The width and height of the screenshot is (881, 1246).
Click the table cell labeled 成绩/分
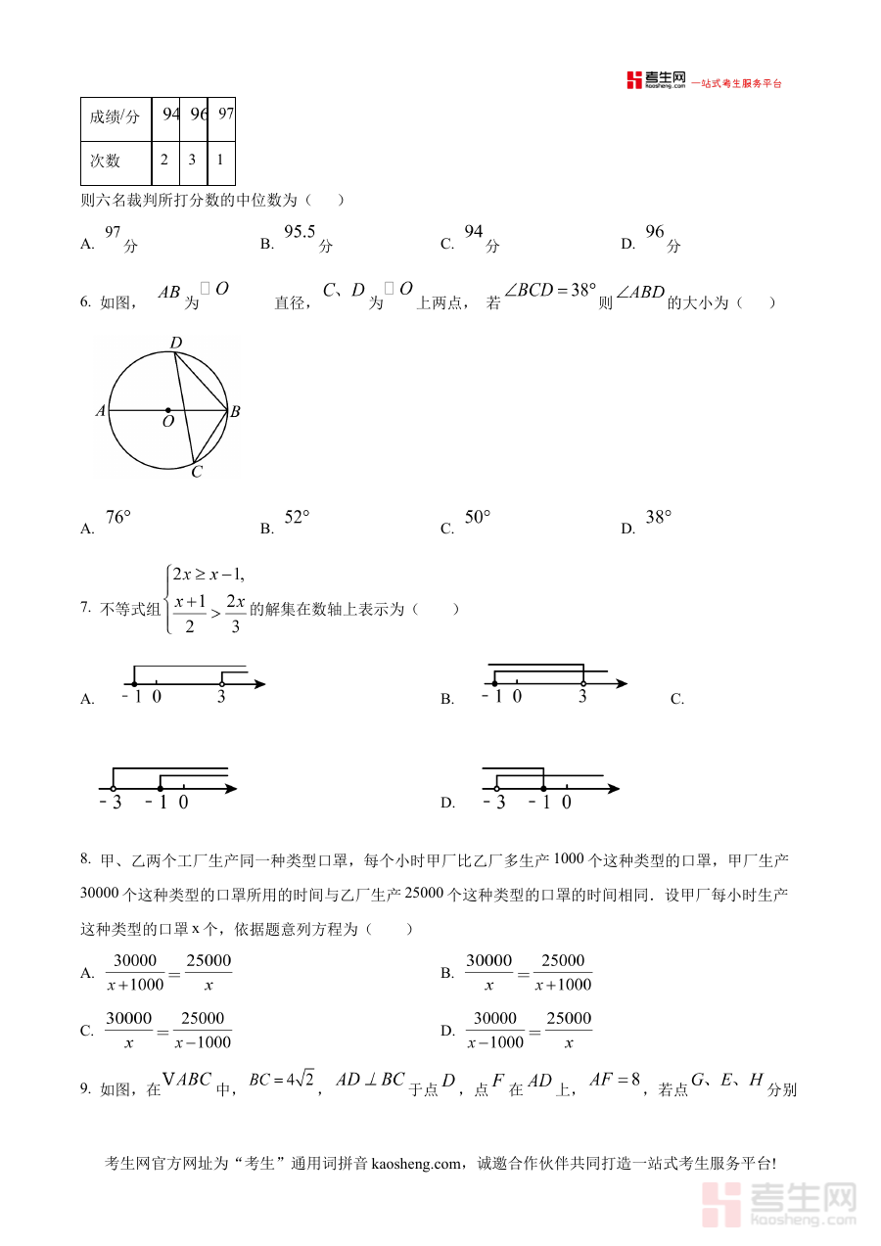pyautogui.click(x=116, y=118)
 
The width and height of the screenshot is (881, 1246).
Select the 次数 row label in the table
pyautogui.click(x=106, y=162)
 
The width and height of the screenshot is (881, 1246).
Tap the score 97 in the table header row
pyautogui.click(x=225, y=115)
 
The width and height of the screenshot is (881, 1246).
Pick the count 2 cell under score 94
pyautogui.click(x=164, y=160)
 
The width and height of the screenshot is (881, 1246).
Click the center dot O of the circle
pyautogui.click(x=167, y=410)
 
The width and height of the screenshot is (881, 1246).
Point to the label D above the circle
pyautogui.click(x=175, y=344)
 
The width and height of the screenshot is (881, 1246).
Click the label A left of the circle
pyautogui.click(x=100, y=412)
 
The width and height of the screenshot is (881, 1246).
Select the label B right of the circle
pyautogui.click(x=235, y=412)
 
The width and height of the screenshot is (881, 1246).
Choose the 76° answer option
pyautogui.click(x=117, y=518)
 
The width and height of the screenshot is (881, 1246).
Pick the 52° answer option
pyautogui.click(x=297, y=518)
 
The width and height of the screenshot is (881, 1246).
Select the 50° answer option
pyautogui.click(x=477, y=518)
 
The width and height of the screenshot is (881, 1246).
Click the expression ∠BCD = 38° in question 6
pyautogui.click(x=549, y=291)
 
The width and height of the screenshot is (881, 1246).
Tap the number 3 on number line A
pyautogui.click(x=221, y=697)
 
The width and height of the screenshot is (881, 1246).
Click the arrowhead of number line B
pyautogui.click(x=621, y=683)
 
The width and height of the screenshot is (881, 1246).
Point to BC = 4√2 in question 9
pyautogui.click(x=281, y=1080)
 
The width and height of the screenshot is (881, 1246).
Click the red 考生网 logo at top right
pyautogui.click(x=656, y=80)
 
